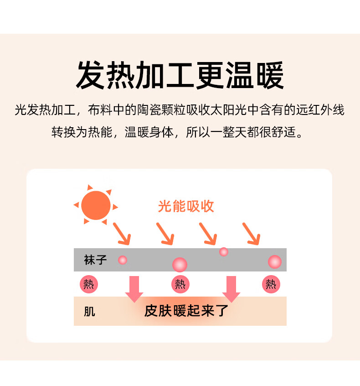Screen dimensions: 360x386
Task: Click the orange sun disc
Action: pos(96,205)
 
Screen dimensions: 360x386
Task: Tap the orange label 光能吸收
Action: pos(186,206)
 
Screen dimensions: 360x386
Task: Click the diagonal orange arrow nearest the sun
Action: pos(122,234)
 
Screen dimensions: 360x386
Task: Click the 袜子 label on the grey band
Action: pos(95,260)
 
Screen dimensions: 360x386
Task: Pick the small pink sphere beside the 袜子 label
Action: pos(123,260)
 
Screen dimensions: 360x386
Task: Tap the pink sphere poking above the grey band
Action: pos(224,252)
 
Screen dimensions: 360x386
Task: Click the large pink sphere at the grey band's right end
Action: pos(275,262)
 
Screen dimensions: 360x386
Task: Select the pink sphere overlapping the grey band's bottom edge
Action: pos(180,265)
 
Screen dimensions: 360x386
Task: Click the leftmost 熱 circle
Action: pos(89,284)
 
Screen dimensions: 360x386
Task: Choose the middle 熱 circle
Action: pos(180,284)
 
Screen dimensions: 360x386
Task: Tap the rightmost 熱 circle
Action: pos(271,284)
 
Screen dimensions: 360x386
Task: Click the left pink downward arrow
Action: pos(134,289)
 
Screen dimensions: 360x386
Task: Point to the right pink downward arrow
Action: pos(231,289)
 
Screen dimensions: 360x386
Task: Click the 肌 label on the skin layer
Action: pos(89,312)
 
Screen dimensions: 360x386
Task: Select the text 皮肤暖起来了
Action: pos(186,311)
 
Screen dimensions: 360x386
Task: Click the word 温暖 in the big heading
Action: pos(255,75)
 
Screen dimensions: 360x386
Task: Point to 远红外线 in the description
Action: pos(320,110)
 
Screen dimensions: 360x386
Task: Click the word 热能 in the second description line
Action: pos(100,132)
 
